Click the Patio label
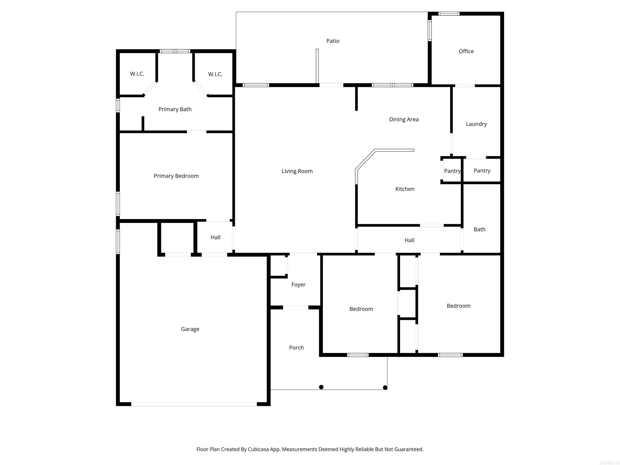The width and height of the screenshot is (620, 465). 333,41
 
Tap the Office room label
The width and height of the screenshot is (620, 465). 466,51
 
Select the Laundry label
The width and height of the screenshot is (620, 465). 476,124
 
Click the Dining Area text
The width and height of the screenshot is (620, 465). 404,119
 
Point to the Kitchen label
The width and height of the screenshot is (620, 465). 405,189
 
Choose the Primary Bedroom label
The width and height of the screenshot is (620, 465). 176,176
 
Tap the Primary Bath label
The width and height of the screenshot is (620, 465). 175,109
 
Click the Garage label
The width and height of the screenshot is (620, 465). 190,329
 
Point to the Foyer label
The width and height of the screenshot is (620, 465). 298,285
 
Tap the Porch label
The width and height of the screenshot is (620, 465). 296,348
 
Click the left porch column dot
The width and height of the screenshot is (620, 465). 321,387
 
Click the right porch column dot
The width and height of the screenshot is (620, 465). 385,388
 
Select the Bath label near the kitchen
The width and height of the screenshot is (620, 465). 479,229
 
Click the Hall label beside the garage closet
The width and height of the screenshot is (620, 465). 215,237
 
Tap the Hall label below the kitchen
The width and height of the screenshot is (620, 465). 409,240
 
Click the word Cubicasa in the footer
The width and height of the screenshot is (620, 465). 258,449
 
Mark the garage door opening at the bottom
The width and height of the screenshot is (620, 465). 194,404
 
